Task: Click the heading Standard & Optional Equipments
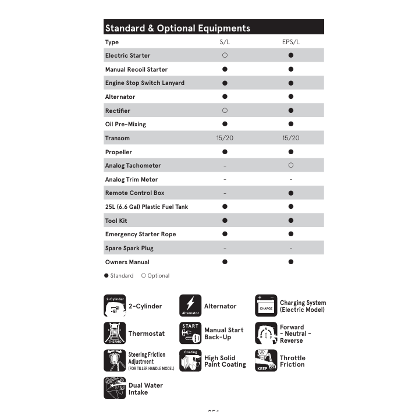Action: point(177,28)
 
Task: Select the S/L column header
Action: point(225,42)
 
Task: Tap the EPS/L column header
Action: point(290,42)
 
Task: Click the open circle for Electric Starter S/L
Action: point(225,55)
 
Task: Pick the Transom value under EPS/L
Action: point(290,138)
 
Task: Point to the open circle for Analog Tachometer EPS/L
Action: point(290,165)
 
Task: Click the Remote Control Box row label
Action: point(134,193)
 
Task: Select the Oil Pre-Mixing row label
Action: point(126,124)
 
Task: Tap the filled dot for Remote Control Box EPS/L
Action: point(290,193)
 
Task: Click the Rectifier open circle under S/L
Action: point(225,111)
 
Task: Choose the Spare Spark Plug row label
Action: point(130,248)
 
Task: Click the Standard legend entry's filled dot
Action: point(106,276)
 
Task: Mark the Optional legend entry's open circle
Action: point(144,276)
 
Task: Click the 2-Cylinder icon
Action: point(115,306)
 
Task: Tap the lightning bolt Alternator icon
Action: point(190,306)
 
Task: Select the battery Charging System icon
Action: point(266,306)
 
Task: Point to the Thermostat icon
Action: point(115,333)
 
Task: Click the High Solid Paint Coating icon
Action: point(190,361)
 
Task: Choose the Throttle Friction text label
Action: point(292,361)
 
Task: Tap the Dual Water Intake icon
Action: point(115,388)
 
